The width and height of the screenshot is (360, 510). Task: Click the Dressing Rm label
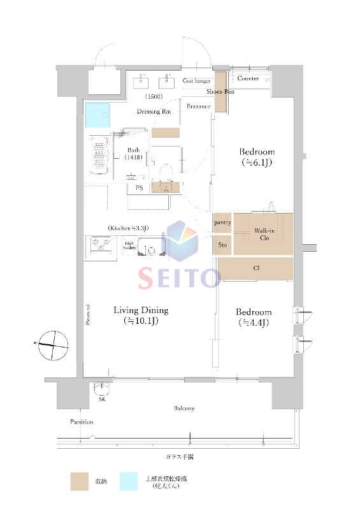click(154, 112)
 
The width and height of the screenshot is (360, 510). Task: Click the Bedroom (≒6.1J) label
click(257, 157)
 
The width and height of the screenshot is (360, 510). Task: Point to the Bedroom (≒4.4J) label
click(254, 317)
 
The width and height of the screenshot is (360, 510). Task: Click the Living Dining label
click(141, 316)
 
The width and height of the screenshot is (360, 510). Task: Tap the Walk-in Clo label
click(264, 234)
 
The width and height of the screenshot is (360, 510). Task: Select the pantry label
click(222, 223)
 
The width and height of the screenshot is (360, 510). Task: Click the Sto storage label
click(222, 244)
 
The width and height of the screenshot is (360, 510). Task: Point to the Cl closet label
click(255, 268)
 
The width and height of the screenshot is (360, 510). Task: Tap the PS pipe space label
click(139, 189)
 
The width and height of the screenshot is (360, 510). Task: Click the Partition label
click(82, 422)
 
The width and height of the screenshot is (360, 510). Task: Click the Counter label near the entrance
click(248, 78)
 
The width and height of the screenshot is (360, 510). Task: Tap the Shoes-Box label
click(220, 92)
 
